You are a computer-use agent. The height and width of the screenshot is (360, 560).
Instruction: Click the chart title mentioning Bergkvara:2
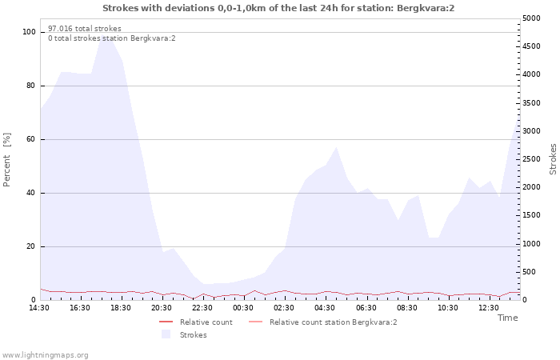pos(278,8)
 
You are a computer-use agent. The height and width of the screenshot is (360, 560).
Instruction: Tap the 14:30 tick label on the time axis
pos(39,308)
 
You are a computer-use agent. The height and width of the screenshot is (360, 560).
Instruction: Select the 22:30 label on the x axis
pos(202,308)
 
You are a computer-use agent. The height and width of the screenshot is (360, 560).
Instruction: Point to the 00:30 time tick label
pos(243,308)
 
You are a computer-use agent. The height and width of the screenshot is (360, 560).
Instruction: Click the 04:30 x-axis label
pos(325,308)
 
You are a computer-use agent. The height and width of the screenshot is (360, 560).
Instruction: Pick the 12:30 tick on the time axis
pos(489,308)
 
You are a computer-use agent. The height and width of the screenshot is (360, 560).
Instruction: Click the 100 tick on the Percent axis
pos(29,32)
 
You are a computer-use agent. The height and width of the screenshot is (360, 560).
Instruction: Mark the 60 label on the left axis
pos(31,139)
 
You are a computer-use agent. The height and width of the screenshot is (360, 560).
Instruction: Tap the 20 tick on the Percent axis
pos(31,246)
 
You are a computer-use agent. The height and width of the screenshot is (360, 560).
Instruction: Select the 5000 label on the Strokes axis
pos(531,18)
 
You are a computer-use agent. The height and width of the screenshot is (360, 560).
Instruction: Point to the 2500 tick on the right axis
pos(531,159)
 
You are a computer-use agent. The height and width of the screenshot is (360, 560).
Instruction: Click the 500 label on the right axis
pos(529,272)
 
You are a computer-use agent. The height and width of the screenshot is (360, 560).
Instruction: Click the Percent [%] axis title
pos(6,160)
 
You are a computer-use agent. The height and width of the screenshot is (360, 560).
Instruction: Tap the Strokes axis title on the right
pos(553,159)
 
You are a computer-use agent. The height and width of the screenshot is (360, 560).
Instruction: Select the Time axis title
pos(508,318)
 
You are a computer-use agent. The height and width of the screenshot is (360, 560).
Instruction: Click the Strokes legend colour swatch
pos(166,334)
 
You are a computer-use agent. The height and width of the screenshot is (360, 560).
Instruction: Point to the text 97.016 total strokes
pos(85,29)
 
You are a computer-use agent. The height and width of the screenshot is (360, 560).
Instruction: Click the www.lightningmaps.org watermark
pos(45,355)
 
